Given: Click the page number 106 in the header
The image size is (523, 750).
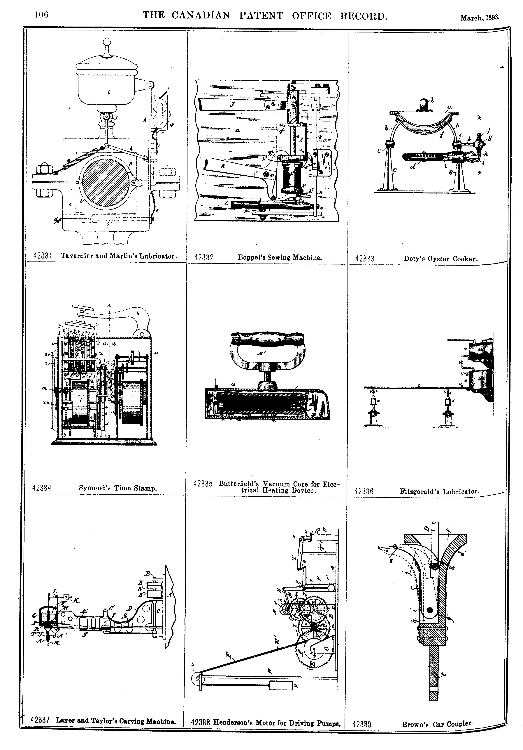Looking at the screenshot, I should coord(41,15).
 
